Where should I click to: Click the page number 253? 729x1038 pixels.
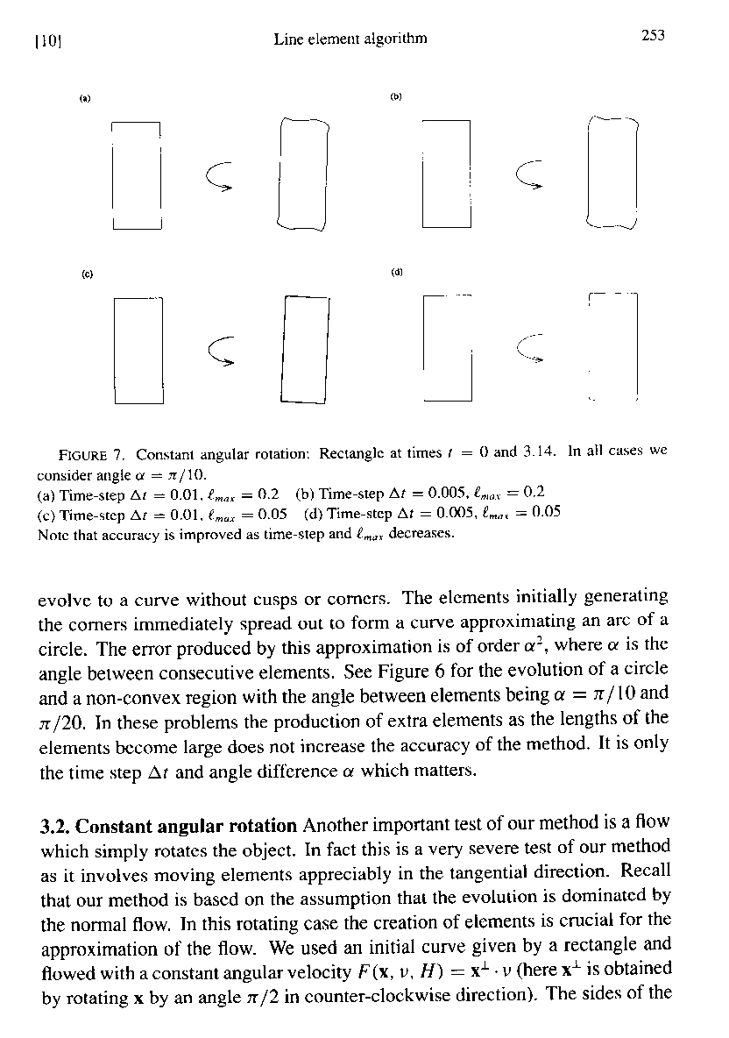pos(652,36)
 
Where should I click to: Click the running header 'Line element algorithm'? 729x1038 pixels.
pos(350,38)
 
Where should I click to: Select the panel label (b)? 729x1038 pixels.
pos(395,97)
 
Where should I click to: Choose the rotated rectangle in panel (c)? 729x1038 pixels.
pos(304,350)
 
